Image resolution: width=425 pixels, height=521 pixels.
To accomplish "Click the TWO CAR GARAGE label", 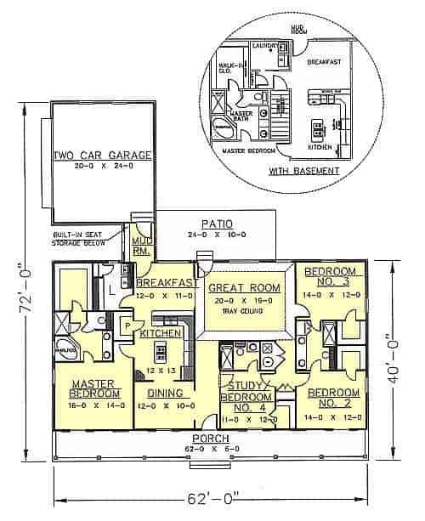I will (x=102, y=156).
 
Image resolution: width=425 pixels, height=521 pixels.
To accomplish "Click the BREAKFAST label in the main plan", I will (x=164, y=284).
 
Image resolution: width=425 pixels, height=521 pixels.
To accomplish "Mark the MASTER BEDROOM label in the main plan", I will (x=93, y=388).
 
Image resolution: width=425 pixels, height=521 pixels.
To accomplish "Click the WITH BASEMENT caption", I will (x=305, y=170).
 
